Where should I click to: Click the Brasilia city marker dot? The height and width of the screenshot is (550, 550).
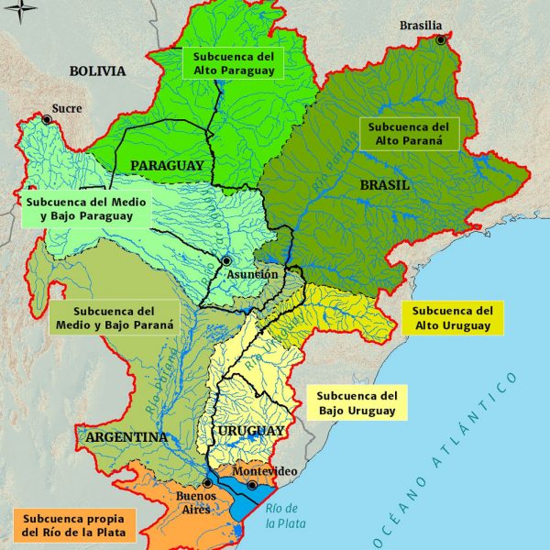[x=441, y=40]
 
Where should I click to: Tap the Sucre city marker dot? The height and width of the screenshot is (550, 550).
[x=47, y=119]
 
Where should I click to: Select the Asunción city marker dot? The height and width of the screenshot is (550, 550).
[x=225, y=261]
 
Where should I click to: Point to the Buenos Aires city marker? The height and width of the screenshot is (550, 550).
[x=208, y=482]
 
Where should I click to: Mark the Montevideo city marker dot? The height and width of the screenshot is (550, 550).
[x=252, y=484]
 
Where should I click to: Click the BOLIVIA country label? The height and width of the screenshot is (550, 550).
[x=96, y=71]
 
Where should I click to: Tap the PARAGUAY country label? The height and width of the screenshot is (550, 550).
[x=167, y=165]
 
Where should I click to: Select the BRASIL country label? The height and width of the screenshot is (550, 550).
[x=384, y=184]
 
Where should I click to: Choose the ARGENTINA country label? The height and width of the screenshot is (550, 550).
[x=126, y=437]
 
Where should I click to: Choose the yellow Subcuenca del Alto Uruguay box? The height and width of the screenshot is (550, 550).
[x=454, y=318]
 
